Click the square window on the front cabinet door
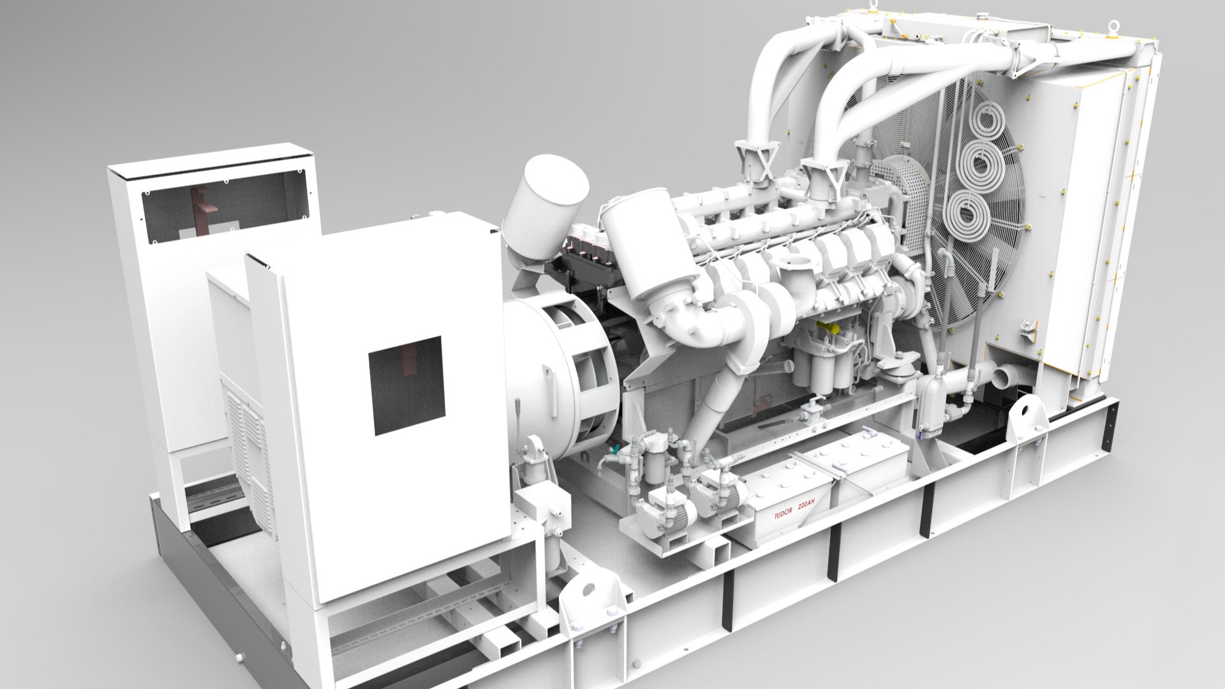point(407,385)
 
